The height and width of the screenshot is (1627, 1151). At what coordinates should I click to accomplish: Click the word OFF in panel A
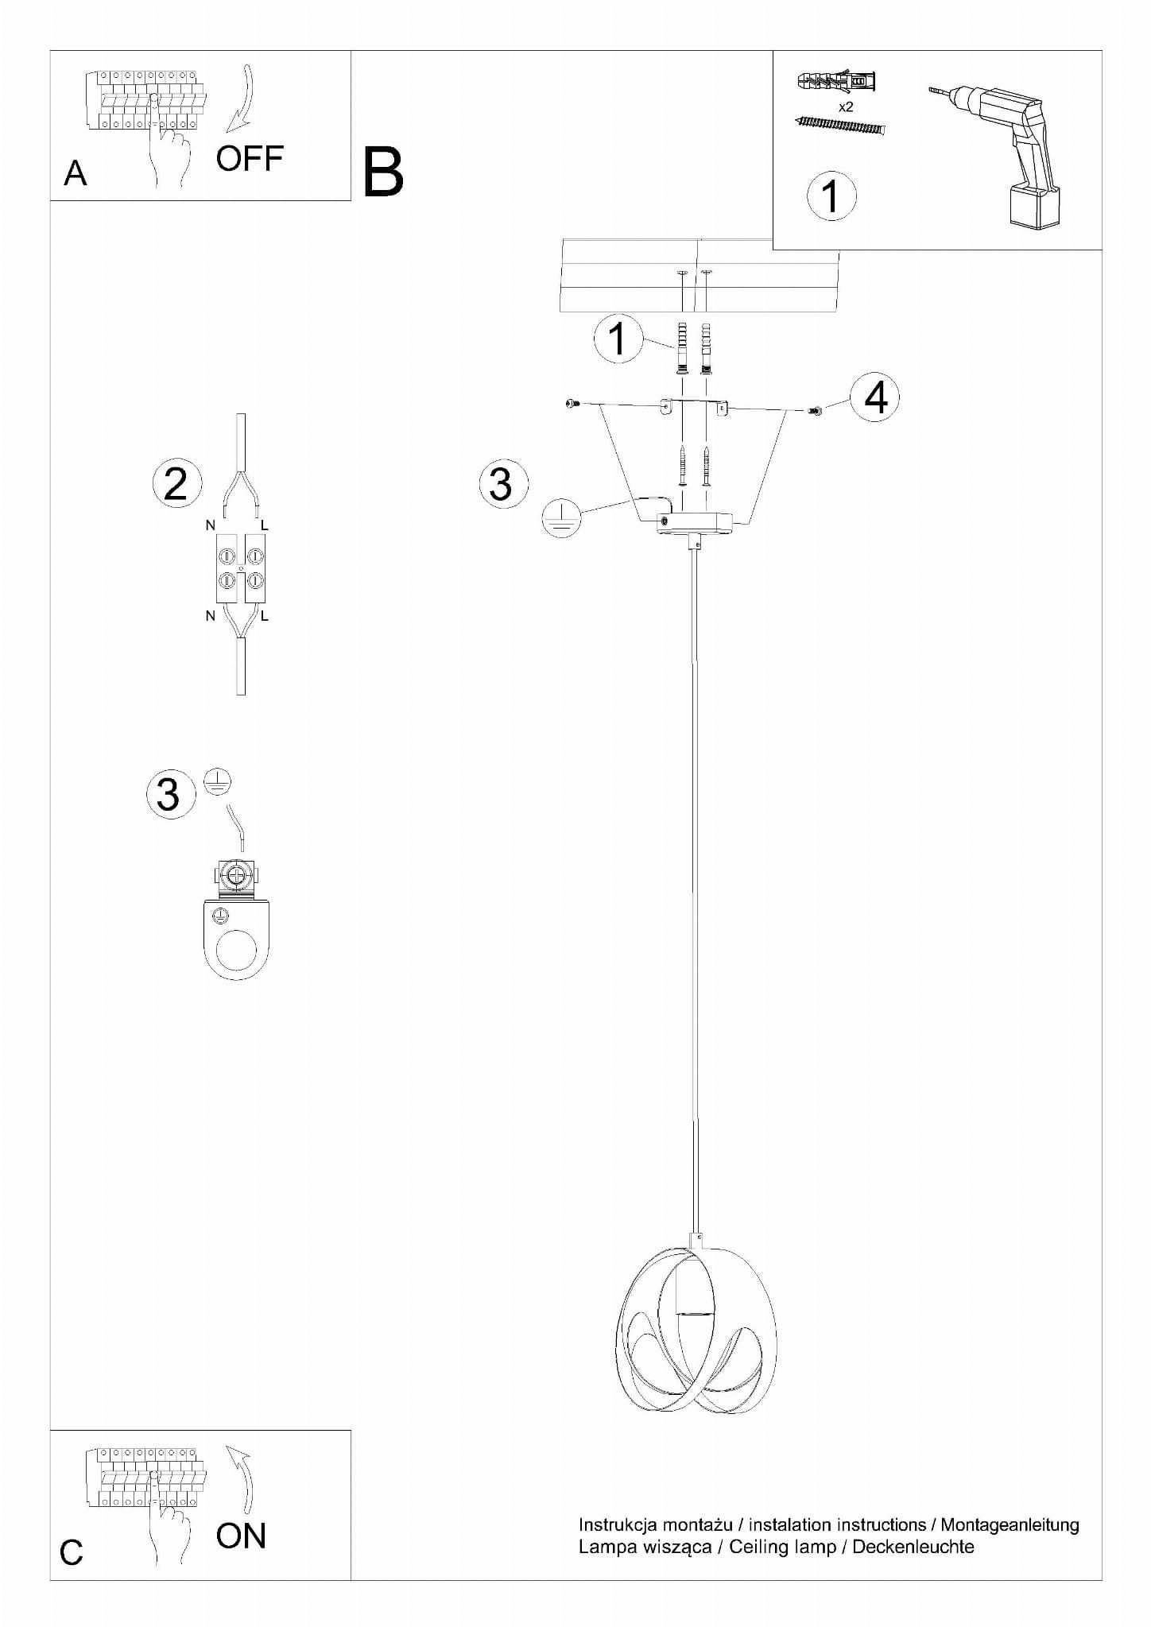250,159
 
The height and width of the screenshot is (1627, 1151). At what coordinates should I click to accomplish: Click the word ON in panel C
241,1536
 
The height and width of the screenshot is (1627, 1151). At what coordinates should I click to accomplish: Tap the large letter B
383,172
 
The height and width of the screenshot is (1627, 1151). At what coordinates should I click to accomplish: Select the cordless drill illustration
998,155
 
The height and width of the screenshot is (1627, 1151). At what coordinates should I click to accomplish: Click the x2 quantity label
846,107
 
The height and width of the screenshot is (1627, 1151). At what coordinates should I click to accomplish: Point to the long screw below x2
839,124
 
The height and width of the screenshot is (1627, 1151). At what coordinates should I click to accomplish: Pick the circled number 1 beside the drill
831,196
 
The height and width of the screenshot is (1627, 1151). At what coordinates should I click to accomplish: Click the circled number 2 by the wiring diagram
176,483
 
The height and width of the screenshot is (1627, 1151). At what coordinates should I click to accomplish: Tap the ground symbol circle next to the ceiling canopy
561,517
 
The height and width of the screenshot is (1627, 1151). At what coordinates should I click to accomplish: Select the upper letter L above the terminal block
265,525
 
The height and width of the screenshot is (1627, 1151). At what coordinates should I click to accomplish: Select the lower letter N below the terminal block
211,616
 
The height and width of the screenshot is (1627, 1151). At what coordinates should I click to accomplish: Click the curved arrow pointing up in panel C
245,1478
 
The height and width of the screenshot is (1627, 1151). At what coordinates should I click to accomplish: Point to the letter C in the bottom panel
72,1552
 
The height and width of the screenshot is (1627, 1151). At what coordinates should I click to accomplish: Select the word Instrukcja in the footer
618,1525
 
